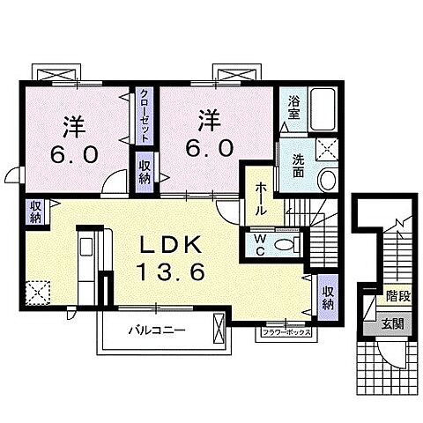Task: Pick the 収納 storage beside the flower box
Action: point(327,297)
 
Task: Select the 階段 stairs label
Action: point(394,297)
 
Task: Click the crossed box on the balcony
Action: point(219,333)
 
